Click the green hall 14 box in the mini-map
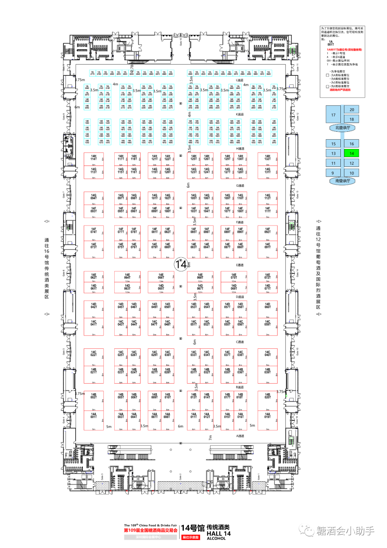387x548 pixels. (x=352, y=153)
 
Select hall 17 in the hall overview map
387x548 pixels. (x=333, y=115)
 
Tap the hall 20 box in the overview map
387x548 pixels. (x=352, y=109)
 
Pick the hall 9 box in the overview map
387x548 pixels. (x=333, y=173)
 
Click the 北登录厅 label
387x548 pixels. (x=343, y=128)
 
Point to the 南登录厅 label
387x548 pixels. (x=343, y=181)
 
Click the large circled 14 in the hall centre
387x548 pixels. (x=181, y=264)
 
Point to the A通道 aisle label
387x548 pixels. (x=240, y=436)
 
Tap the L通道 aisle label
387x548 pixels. (x=239, y=80)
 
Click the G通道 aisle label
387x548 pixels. (x=240, y=186)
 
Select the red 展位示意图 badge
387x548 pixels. (x=191, y=537)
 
